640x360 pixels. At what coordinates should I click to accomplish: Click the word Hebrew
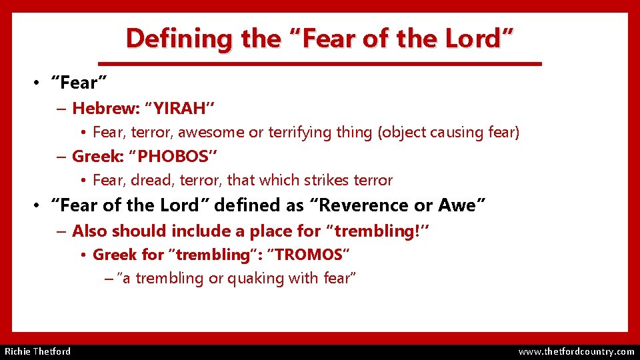(99, 108)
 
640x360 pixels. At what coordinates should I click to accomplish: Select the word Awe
(459, 205)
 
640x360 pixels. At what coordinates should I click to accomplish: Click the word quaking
(258, 278)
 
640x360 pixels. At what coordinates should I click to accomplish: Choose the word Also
(89, 231)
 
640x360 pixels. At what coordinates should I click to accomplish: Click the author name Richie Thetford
(38, 351)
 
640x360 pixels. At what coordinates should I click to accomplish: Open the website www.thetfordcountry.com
(576, 351)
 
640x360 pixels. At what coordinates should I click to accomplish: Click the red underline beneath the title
(320, 63)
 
